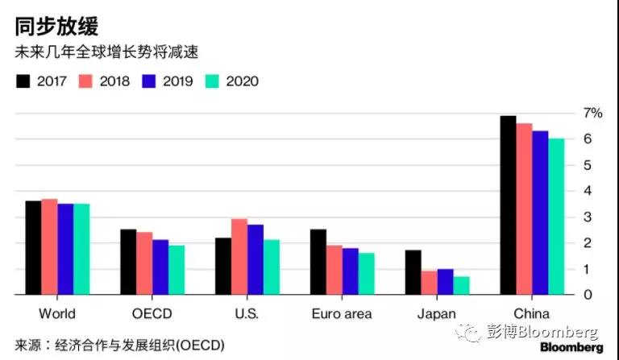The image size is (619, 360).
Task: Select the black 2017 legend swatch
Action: (23, 81)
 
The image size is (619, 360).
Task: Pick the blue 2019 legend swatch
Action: (148, 81)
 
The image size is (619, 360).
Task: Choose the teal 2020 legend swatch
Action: (213, 81)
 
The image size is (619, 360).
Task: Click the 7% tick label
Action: (592, 113)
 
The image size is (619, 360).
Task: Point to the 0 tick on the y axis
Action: (588, 295)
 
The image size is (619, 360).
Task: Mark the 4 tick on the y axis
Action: (588, 191)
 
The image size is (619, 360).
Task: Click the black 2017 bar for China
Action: (508, 205)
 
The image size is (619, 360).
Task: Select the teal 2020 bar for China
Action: (556, 217)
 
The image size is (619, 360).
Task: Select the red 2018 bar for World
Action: (48, 246)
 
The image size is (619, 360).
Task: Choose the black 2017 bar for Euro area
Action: (318, 262)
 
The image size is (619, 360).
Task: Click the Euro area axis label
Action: (342, 314)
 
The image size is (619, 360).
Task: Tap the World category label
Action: (56, 314)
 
